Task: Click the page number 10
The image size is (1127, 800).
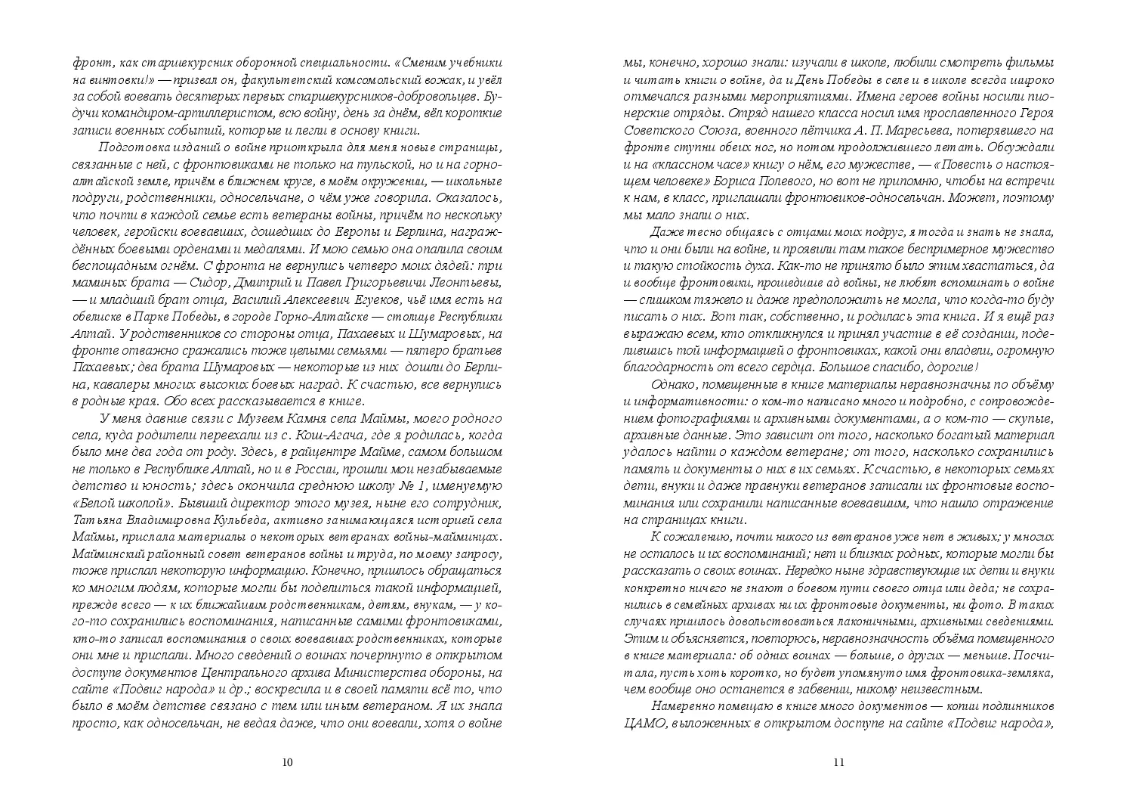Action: click(286, 762)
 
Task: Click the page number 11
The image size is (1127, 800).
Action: click(838, 762)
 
